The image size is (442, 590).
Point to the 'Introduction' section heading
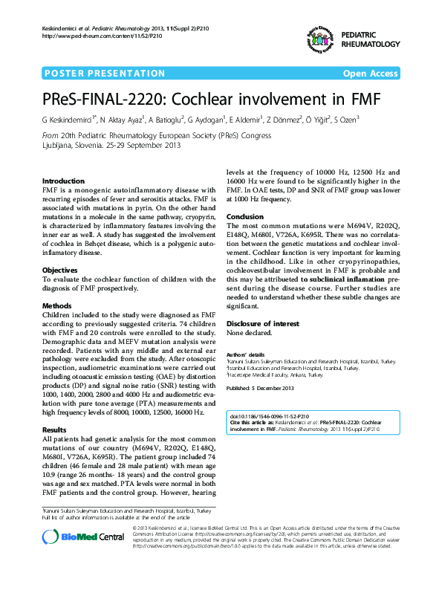(63, 181)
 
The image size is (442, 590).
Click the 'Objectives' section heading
(59, 270)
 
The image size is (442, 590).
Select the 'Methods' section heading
(56, 305)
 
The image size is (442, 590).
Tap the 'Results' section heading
(54, 430)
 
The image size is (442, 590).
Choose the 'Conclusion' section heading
(245, 216)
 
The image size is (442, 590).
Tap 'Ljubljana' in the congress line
(60, 146)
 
